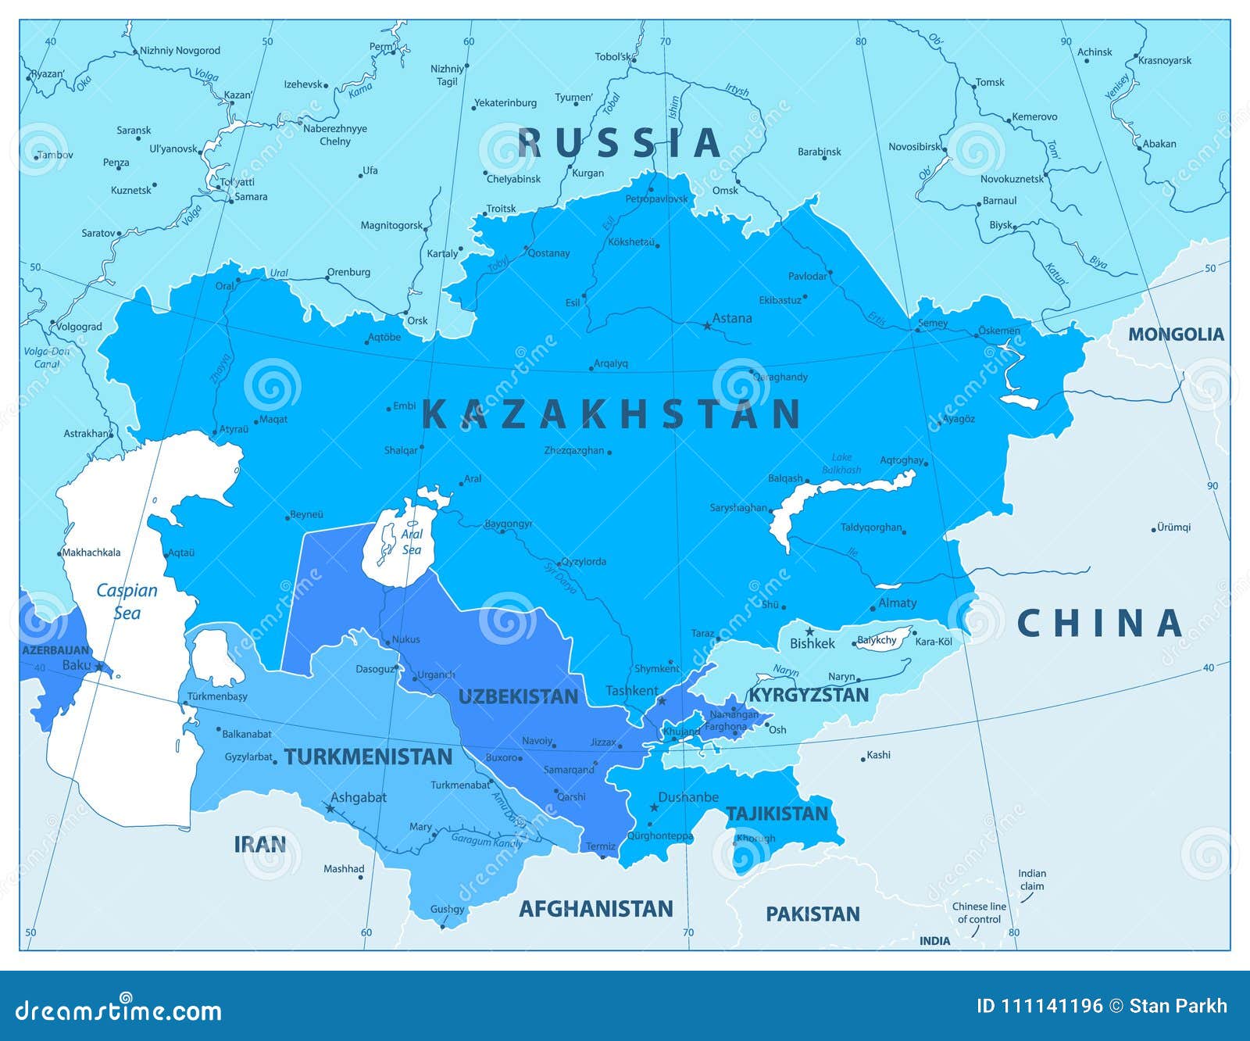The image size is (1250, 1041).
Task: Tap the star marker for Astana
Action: tap(708, 325)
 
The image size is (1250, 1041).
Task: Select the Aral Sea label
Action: tap(411, 542)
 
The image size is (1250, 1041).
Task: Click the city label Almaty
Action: tap(898, 603)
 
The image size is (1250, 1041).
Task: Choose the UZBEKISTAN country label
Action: tap(518, 697)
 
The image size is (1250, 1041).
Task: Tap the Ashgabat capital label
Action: tap(359, 797)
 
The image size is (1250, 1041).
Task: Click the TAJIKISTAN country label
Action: tap(777, 814)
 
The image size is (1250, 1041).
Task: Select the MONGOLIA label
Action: tap(1175, 334)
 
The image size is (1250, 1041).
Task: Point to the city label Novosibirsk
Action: tap(915, 147)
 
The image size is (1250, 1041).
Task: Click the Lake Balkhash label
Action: tap(841, 463)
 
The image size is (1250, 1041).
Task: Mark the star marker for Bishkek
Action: tap(810, 631)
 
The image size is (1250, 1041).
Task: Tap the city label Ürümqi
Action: tap(1174, 528)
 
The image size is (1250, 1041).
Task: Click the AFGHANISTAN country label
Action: tap(596, 909)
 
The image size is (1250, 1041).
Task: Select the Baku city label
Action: tap(77, 665)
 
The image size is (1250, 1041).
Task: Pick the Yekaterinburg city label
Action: tap(506, 102)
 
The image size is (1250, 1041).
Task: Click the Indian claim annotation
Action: tap(1032, 880)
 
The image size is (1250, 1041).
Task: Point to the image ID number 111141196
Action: tap(1052, 1006)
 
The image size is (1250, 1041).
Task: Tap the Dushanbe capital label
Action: tap(688, 797)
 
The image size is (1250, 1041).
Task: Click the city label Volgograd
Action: tap(80, 327)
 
